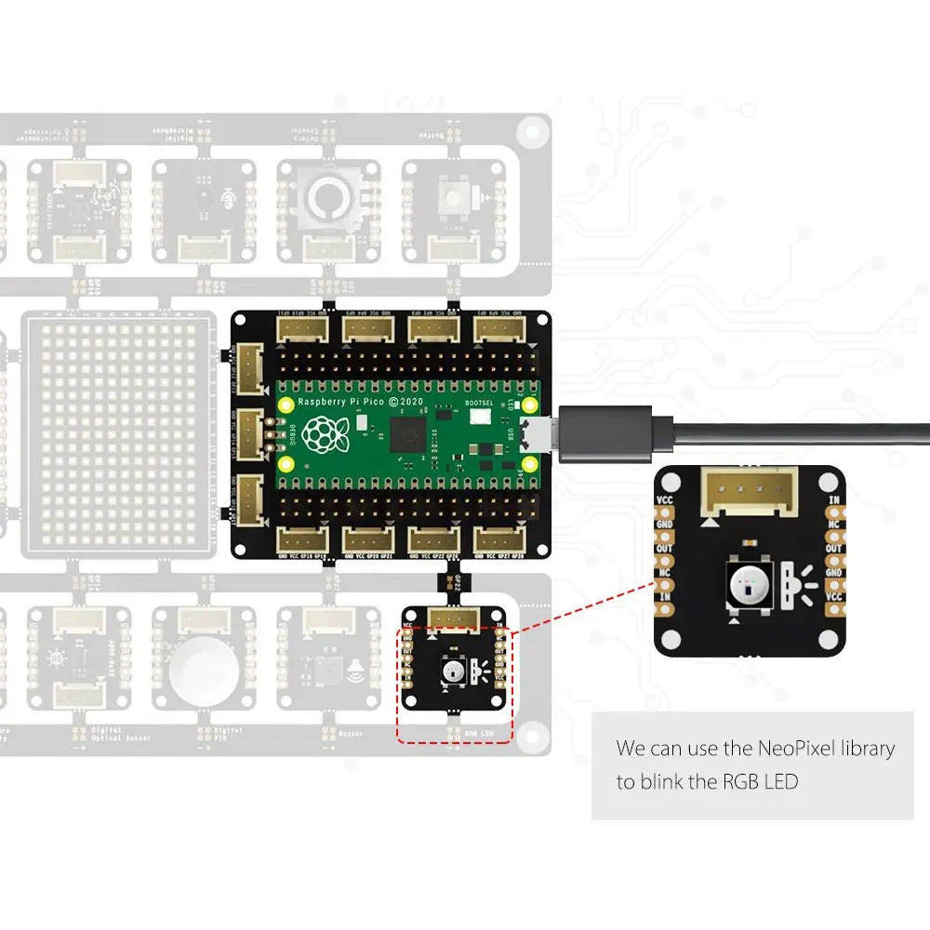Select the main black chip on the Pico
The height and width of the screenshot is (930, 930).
click(x=408, y=432)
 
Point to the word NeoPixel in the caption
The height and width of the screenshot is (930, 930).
click(x=801, y=748)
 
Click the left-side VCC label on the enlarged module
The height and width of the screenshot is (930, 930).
click(x=665, y=499)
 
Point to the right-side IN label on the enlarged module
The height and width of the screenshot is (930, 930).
click(x=833, y=499)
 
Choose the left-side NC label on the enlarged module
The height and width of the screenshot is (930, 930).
click(x=665, y=572)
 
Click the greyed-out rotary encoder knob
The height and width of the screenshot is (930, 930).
click(x=327, y=196)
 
